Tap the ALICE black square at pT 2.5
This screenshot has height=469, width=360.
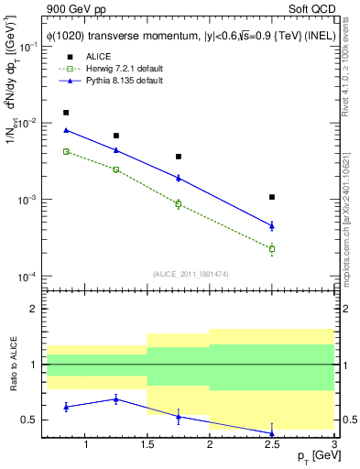coord(272,197)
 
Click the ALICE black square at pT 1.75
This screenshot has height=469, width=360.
coord(179,157)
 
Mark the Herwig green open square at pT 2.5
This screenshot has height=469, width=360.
coord(272,248)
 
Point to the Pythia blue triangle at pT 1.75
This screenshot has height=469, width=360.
coord(179,178)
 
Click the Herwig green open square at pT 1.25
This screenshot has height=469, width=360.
coord(116,169)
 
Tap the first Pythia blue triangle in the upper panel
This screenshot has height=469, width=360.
coord(66,130)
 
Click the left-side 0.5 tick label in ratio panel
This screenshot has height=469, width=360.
coord(30,420)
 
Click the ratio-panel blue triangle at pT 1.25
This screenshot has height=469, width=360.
coord(116,399)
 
